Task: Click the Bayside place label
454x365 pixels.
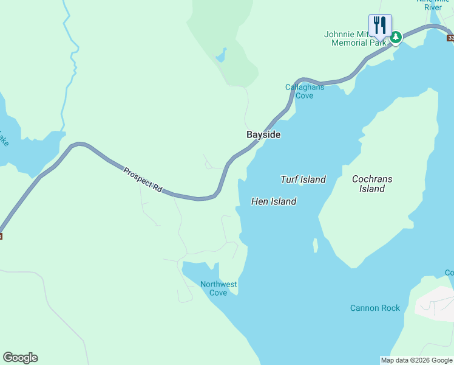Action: click(x=263, y=134)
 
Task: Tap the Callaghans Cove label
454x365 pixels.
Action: click(x=305, y=91)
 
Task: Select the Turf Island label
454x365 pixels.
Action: click(x=303, y=179)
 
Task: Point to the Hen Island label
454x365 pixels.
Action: click(x=274, y=201)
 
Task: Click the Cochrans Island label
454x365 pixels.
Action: click(x=372, y=184)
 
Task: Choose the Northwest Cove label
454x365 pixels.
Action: click(x=219, y=288)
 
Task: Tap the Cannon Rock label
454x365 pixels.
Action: click(x=375, y=308)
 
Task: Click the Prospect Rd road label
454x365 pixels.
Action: click(x=143, y=180)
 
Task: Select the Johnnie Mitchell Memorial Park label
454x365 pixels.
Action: click(x=355, y=38)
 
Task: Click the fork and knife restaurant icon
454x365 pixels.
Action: click(x=380, y=25)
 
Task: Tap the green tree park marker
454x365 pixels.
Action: click(x=396, y=38)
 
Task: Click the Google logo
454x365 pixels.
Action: click(x=20, y=358)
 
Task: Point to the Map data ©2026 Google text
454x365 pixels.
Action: click(x=416, y=360)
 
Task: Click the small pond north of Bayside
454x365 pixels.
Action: click(x=221, y=56)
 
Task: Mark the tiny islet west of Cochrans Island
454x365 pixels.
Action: click(x=315, y=245)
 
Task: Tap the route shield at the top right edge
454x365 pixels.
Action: click(x=450, y=38)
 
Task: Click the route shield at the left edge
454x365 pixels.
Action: click(x=1, y=236)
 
